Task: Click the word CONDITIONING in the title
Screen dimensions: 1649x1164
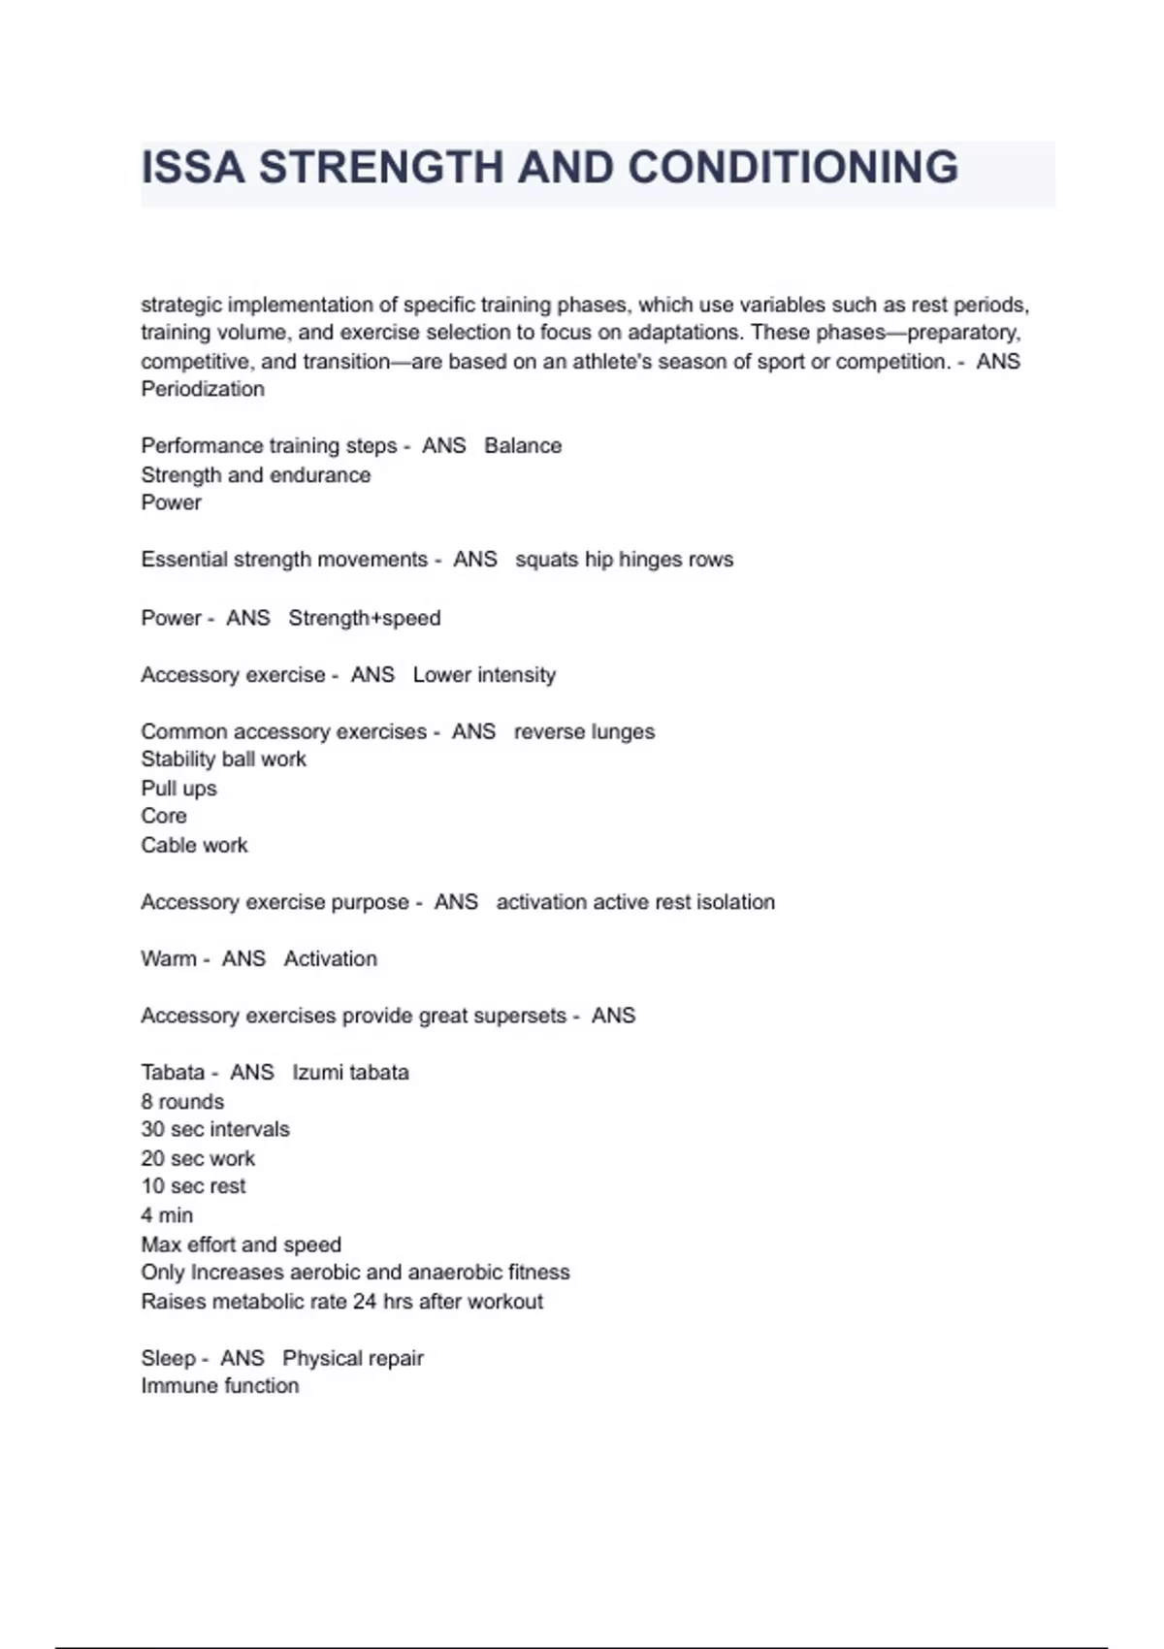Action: (792, 168)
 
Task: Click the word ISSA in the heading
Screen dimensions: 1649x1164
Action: (192, 168)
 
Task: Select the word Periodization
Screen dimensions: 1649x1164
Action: (203, 389)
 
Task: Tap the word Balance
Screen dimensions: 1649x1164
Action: (523, 445)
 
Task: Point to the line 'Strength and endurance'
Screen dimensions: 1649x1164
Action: (255, 474)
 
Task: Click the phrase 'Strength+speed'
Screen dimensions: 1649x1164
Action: (364, 618)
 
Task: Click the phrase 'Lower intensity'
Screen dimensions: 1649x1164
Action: (484, 674)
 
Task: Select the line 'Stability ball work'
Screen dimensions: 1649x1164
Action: (223, 760)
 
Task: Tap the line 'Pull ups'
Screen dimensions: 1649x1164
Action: (178, 788)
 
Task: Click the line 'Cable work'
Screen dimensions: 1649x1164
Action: (194, 845)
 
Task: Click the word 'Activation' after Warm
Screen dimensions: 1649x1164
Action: (330, 958)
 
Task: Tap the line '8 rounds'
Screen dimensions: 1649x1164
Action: (182, 1101)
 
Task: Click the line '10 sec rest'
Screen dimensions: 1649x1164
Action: (193, 1186)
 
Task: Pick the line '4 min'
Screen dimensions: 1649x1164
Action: (167, 1215)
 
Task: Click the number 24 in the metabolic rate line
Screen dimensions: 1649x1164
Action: (365, 1301)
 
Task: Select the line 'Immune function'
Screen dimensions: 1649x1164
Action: (219, 1386)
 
